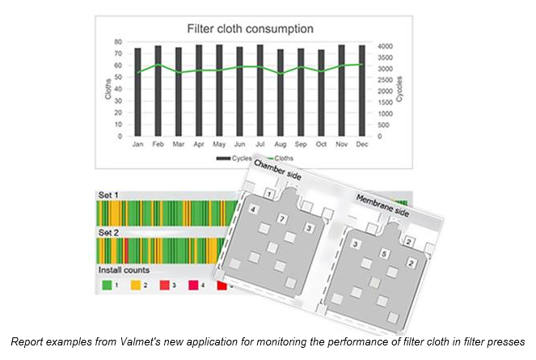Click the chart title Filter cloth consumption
coord(251,29)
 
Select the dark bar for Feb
coord(158,91)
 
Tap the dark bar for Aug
coord(281,93)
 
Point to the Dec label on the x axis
coord(361,145)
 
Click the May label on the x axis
coord(219,145)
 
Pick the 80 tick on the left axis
coord(118,42)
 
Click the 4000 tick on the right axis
coord(386,46)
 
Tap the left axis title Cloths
coord(108,89)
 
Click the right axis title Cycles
coord(399,89)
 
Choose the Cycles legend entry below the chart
coord(234,159)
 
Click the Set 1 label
coord(108,195)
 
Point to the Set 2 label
coord(108,233)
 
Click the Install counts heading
coord(124,270)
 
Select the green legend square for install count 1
coord(107,285)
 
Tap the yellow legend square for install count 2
coord(136,285)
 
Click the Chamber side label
coord(277,170)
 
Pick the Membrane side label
coord(382,205)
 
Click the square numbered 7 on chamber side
coord(282,218)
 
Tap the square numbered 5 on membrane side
coord(384,254)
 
